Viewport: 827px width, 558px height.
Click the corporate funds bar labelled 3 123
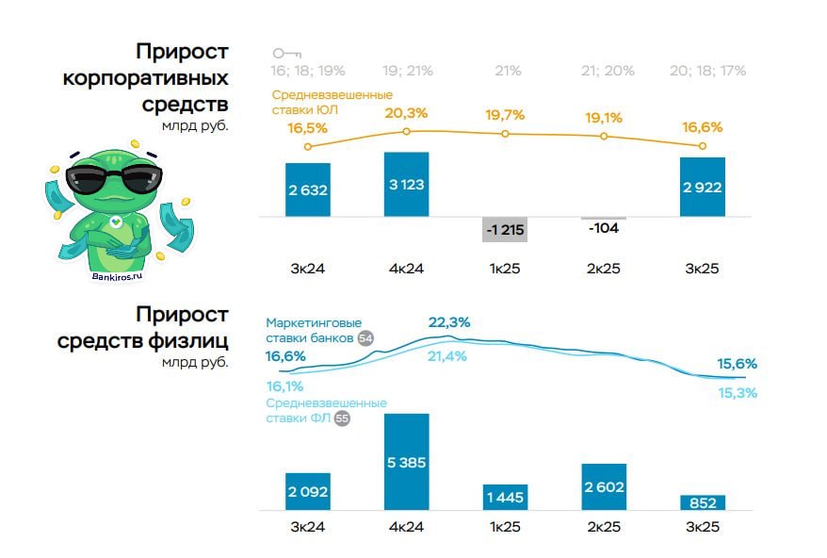pyautogui.click(x=407, y=185)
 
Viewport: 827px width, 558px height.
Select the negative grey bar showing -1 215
pyautogui.click(x=505, y=230)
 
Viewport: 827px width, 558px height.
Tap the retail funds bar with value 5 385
pyautogui.click(x=407, y=462)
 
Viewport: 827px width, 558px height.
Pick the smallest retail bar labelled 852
pyautogui.click(x=702, y=502)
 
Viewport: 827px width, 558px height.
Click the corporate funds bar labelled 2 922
pyautogui.click(x=702, y=188)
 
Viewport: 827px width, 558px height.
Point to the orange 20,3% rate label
pyautogui.click(x=406, y=113)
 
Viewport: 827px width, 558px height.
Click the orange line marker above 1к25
pyautogui.click(x=506, y=134)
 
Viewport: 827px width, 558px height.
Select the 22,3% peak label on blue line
pyautogui.click(x=449, y=322)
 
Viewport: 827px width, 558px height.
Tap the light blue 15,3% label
pyautogui.click(x=738, y=392)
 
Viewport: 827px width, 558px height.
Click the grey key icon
pyautogui.click(x=285, y=54)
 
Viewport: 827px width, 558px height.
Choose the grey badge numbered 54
pyautogui.click(x=365, y=338)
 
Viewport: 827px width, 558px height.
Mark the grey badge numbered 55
pyautogui.click(x=342, y=418)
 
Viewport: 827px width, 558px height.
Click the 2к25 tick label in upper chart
pyautogui.click(x=604, y=269)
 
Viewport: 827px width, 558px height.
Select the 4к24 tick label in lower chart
pyautogui.click(x=407, y=527)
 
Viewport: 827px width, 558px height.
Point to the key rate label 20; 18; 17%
pyautogui.click(x=707, y=71)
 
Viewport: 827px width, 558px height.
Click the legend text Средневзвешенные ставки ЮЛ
pyautogui.click(x=332, y=102)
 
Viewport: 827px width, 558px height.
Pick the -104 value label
pyautogui.click(x=604, y=228)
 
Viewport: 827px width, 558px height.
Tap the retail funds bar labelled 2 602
pyautogui.click(x=604, y=486)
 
